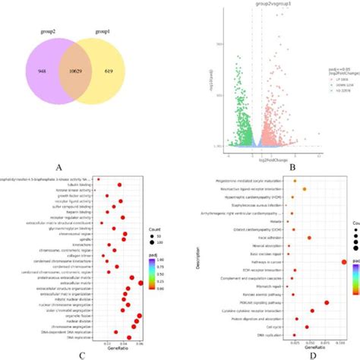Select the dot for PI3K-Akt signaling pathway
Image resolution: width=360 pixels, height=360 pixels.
click(327, 302)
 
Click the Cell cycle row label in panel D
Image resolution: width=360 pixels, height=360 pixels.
click(275, 327)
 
